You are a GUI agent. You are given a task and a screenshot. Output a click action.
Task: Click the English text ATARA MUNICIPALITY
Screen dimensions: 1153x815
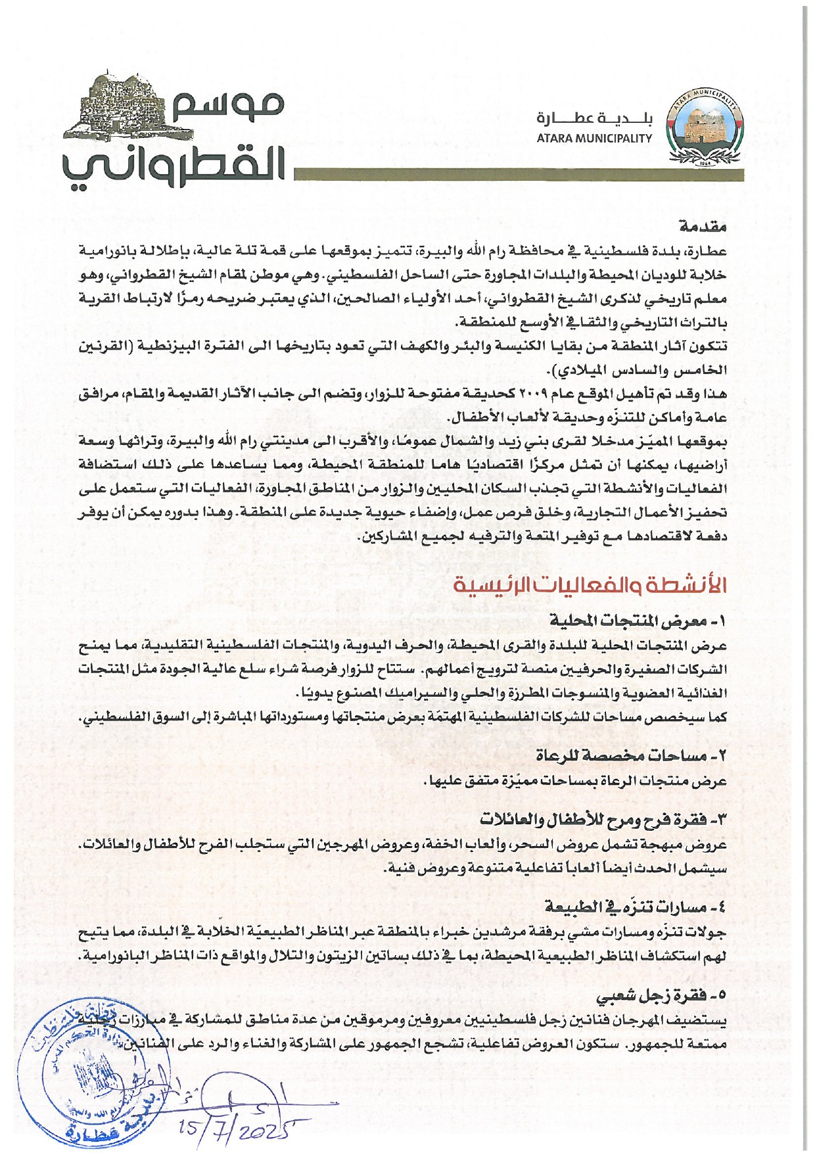pyautogui.click(x=594, y=139)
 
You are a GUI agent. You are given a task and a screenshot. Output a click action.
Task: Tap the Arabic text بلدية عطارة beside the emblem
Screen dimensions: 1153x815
pyautogui.click(x=595, y=119)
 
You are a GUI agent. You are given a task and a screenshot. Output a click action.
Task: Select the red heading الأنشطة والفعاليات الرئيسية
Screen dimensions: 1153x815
pyautogui.click(x=590, y=586)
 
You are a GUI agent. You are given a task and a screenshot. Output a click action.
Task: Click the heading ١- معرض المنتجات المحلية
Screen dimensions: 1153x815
pyautogui.click(x=638, y=621)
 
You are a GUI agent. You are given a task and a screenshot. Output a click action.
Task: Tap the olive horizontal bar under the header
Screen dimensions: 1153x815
pyautogui.click(x=519, y=175)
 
